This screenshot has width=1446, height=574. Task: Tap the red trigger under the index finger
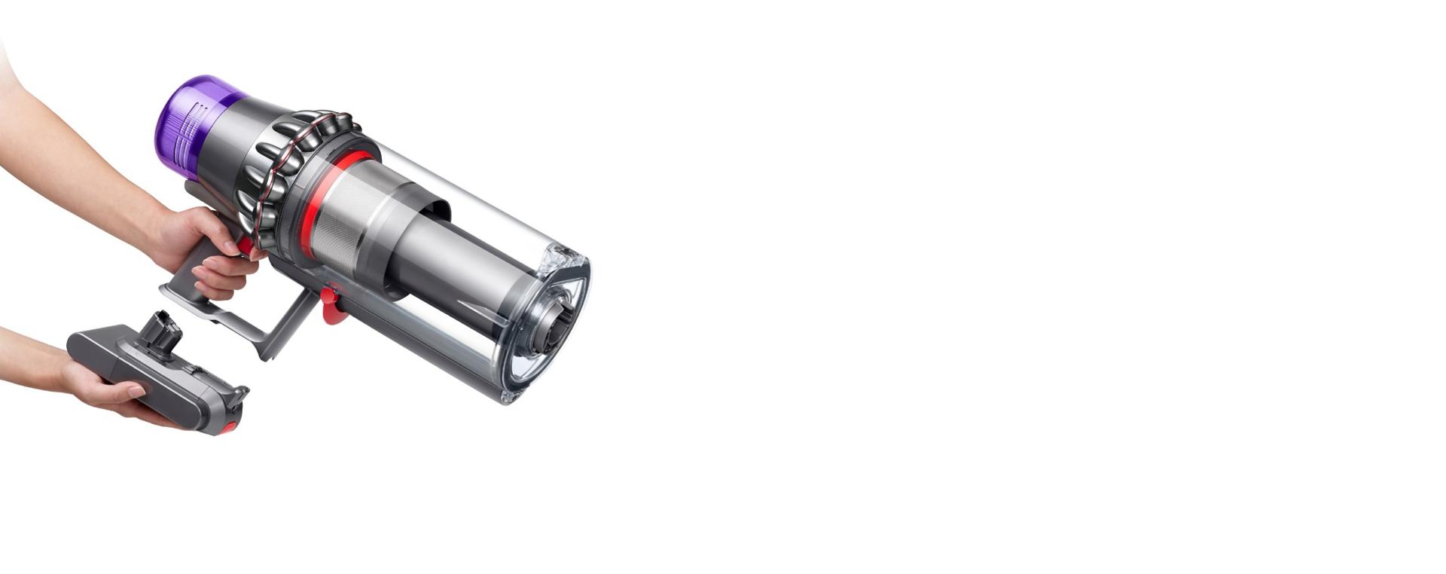[246, 246]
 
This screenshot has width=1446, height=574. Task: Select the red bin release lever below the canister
[330, 305]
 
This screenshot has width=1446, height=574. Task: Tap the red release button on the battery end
[228, 428]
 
